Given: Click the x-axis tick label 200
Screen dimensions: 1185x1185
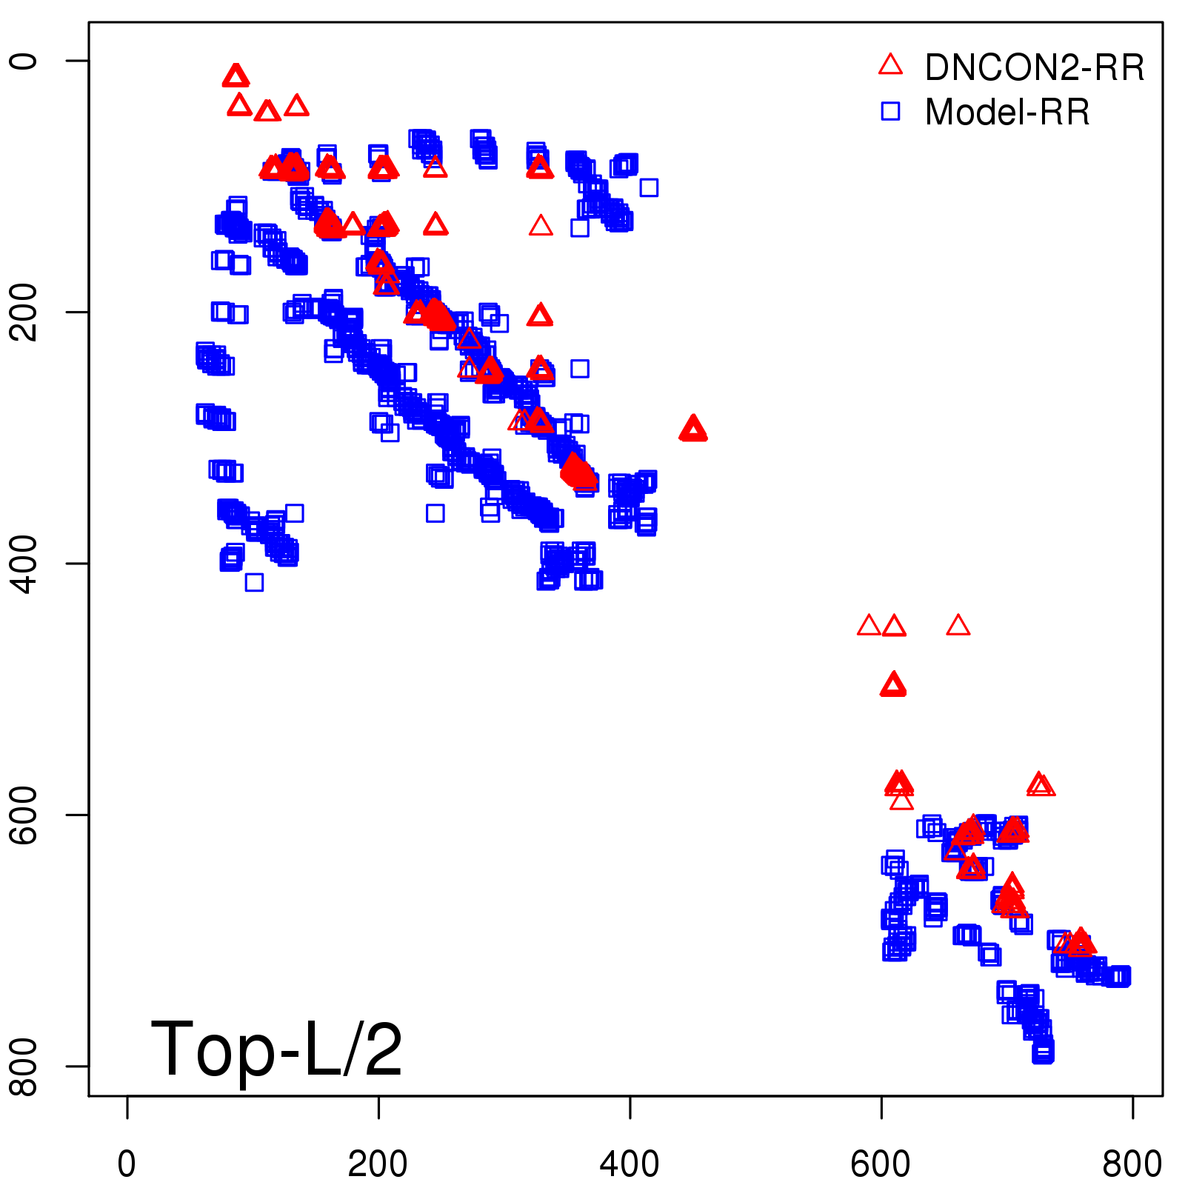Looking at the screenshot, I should [378, 1164].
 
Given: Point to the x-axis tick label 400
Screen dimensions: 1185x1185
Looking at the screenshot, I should [630, 1164].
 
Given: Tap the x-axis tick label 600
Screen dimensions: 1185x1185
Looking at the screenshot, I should [881, 1164].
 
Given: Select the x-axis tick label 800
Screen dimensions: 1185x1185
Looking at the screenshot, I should [1132, 1164].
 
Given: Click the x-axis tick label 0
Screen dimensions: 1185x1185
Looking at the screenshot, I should [127, 1164].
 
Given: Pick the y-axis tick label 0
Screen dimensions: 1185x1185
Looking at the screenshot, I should [24, 61].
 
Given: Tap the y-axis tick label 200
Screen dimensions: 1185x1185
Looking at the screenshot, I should [24, 312].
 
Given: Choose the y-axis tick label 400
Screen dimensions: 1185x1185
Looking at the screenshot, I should [24, 564].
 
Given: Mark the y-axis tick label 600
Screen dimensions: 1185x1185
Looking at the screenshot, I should [24, 815].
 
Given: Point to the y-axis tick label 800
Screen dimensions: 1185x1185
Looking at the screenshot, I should [24, 1066].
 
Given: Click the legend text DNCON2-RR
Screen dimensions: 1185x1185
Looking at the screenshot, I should [1035, 67].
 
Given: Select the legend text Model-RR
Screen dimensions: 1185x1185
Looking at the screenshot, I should [1007, 112].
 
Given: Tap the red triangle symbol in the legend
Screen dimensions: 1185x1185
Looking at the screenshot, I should [890, 65].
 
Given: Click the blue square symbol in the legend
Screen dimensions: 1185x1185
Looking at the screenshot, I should [890, 111].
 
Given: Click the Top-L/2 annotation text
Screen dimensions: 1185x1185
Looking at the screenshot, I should [276, 1049].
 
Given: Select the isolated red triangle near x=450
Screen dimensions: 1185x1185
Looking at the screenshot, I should [692, 429].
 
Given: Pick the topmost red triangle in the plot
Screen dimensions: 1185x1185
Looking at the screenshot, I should [236, 76].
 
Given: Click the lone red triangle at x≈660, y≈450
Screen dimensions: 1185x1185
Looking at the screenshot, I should [958, 627].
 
